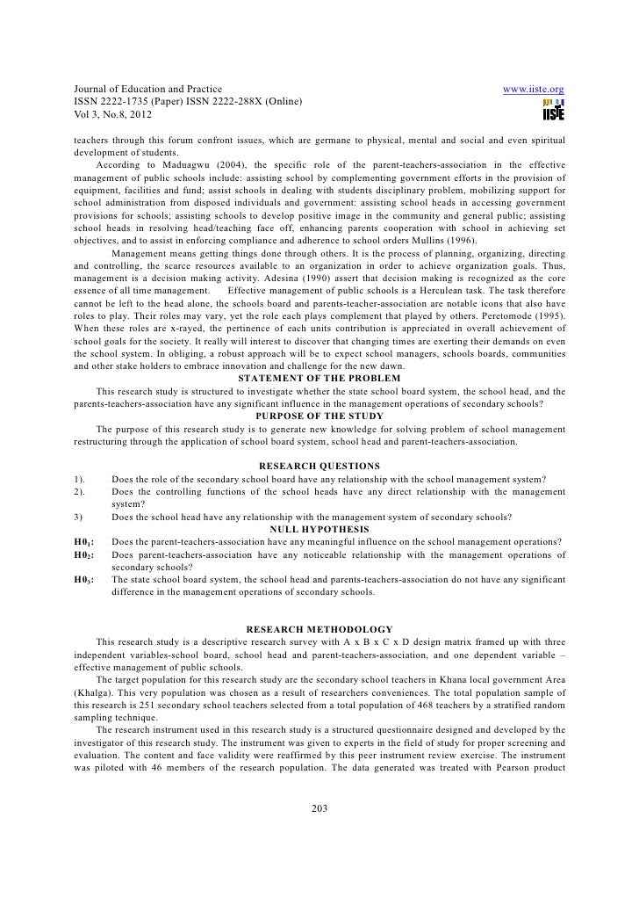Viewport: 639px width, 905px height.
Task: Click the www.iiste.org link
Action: point(532,90)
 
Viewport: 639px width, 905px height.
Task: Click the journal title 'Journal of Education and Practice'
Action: point(148,90)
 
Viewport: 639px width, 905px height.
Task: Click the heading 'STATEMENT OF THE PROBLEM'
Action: point(319,378)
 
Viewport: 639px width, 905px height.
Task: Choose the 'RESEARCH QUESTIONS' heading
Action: point(319,466)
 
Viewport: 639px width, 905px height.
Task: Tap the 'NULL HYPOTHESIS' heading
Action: point(319,529)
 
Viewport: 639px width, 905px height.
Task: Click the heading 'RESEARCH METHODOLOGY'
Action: point(319,629)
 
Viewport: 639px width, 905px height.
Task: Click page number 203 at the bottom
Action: point(319,809)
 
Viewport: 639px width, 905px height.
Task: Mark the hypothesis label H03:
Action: point(85,580)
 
